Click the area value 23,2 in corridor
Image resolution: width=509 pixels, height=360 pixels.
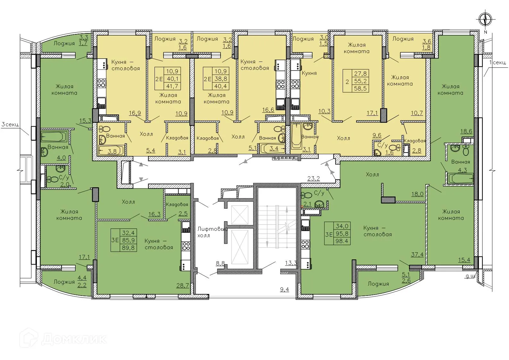coord(313,179)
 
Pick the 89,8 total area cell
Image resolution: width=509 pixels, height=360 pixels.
coord(128,247)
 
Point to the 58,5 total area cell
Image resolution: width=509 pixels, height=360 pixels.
coord(360,88)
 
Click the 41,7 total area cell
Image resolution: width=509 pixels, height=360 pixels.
coord(172,86)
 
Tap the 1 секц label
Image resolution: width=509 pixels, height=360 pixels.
coord(497,63)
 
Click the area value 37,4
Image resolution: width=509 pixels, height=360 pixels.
coord(417,254)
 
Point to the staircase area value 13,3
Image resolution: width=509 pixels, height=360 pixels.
coord(291,263)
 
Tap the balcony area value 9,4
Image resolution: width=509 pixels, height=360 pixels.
coord(284,290)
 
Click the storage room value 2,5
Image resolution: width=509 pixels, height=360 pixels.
coord(183,214)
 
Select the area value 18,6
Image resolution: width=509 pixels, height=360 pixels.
coord(466,131)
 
